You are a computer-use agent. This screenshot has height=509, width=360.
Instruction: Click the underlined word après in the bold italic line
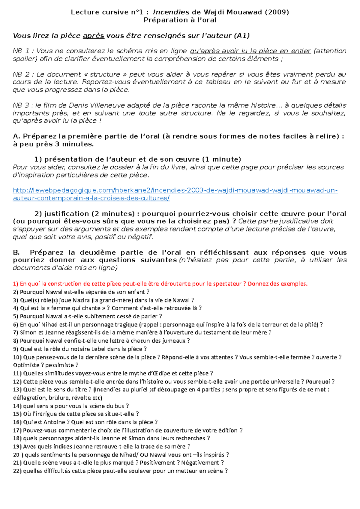[93, 36]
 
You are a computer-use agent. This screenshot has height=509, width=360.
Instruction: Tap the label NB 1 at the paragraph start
[21, 51]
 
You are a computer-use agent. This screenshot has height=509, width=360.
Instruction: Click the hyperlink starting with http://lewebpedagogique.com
[175, 190]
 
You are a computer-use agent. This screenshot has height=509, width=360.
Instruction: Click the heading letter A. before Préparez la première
[16, 136]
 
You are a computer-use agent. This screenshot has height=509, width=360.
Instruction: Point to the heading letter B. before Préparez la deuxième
[16, 252]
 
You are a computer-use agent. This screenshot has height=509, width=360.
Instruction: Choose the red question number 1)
[16, 284]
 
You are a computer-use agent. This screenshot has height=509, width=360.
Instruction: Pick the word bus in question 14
[119, 406]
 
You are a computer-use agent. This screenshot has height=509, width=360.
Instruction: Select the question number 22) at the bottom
[17, 471]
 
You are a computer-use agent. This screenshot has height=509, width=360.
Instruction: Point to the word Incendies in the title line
[171, 12]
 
